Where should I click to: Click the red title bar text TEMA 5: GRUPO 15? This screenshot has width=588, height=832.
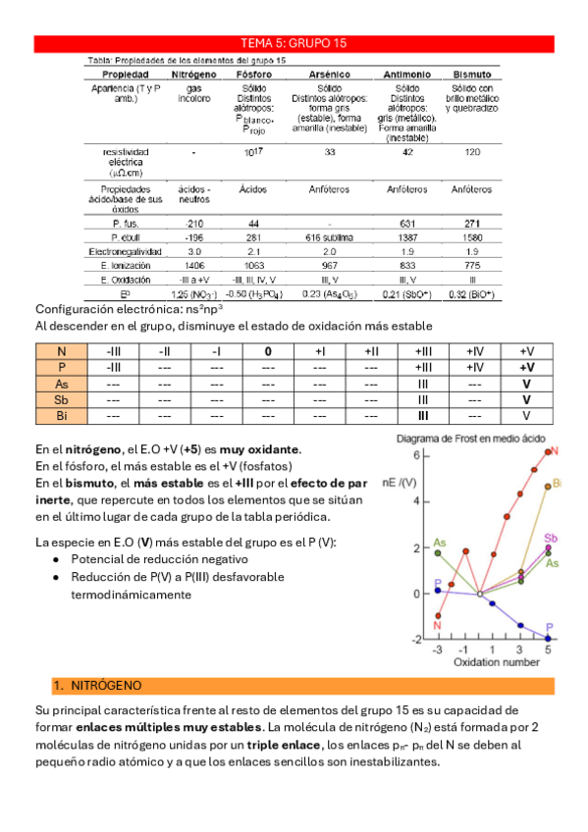click(294, 43)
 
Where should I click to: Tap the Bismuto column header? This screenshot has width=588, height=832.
click(473, 75)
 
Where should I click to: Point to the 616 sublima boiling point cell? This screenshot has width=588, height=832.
click(329, 237)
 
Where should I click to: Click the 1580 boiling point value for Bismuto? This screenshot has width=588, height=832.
click(473, 237)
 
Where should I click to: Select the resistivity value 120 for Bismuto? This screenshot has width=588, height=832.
click(473, 152)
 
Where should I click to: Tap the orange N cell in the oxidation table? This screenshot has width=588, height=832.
click(62, 351)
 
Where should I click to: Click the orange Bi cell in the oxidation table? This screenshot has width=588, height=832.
click(62, 415)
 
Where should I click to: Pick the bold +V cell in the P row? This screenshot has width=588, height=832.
click(527, 367)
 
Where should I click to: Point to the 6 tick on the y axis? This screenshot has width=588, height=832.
click(415, 456)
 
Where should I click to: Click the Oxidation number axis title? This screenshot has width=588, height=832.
click(496, 662)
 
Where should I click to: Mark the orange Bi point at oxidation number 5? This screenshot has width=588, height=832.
click(548, 486)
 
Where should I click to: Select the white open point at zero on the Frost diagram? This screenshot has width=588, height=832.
click(479, 594)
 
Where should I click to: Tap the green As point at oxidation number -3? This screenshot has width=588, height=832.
click(438, 553)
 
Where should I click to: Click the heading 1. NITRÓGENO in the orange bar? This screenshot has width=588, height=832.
click(97, 685)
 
